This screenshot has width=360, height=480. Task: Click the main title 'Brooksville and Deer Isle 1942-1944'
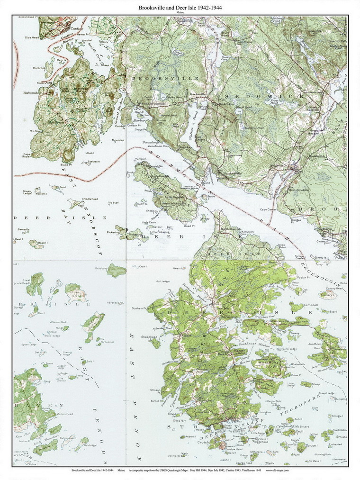(x=180, y=8)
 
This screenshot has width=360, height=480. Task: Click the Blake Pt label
(x=65, y=164)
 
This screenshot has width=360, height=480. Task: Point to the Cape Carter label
(x=268, y=209)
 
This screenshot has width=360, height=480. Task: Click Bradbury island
(x=116, y=270)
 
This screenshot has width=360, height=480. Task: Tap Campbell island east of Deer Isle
(x=297, y=306)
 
